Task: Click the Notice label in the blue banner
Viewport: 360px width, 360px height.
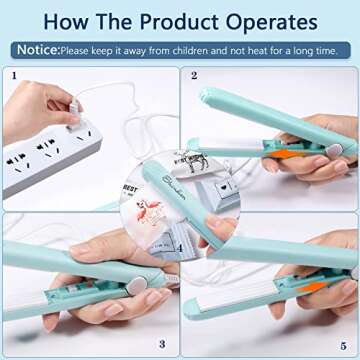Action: pos(37,48)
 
